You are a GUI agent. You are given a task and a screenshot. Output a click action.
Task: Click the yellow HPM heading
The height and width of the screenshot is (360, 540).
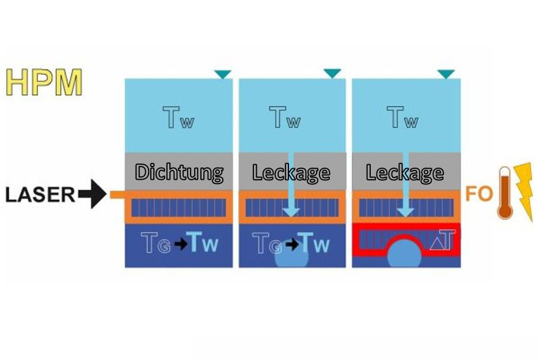pos(44,82)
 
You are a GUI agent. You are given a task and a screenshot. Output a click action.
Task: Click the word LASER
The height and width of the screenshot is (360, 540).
pos(40,195)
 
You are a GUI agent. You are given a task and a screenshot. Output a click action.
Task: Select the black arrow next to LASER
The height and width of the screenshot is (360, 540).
pos(92,194)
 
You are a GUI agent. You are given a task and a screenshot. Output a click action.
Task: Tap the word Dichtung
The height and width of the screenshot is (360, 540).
pos(179,172)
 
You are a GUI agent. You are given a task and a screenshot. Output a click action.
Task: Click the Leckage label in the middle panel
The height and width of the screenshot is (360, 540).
pos(291,173)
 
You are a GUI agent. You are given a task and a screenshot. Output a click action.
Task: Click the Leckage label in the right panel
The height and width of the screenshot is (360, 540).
pos(405,173)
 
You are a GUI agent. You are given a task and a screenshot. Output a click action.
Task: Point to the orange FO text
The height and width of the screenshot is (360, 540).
pos(479,194)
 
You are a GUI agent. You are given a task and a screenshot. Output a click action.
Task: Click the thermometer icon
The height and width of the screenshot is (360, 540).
pos(505,193)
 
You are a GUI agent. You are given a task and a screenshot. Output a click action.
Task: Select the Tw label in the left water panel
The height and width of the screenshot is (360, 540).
pos(178,118)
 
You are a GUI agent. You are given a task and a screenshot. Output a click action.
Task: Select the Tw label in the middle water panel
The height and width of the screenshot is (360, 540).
pos(285,118)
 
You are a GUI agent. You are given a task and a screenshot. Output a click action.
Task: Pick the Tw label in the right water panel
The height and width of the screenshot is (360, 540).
pos(402,118)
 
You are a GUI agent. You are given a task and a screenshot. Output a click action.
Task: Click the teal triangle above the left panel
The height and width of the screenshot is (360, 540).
pos(223,74)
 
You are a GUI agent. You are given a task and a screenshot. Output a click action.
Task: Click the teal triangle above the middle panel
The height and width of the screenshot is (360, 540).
pos(332,73)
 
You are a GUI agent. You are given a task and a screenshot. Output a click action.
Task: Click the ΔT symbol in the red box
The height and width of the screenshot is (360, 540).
pos(443,240)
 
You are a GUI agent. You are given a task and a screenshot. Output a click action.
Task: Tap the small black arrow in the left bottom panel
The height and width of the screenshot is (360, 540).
pos(181,244)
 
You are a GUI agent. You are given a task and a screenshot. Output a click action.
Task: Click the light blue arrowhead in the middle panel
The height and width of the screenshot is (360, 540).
pos(291,211)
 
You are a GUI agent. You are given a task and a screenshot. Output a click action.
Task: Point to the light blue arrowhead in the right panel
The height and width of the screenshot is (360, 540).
pos(405,211)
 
